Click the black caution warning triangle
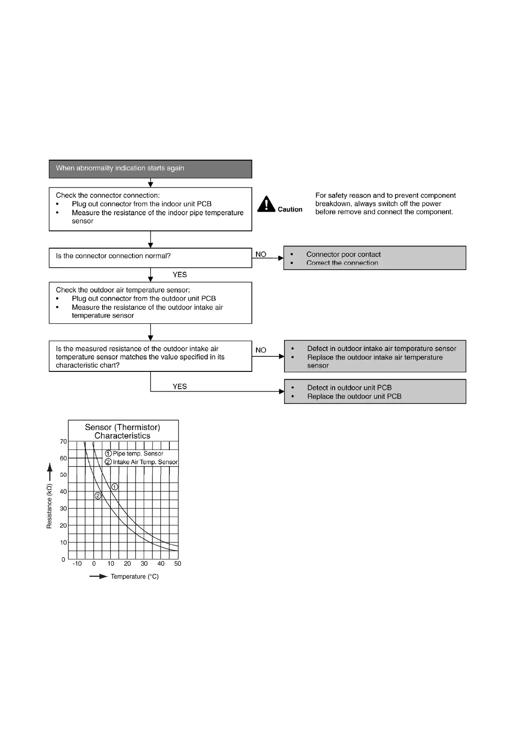pyautogui.click(x=266, y=205)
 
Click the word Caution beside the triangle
pyautogui.click(x=290, y=209)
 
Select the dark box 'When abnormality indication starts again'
pyautogui.click(x=150, y=169)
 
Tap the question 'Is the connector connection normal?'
pyautogui.click(x=113, y=256)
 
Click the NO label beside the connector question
pyautogui.click(x=261, y=254)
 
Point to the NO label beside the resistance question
pyautogui.click(x=261, y=350)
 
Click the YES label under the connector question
pyautogui.click(x=180, y=275)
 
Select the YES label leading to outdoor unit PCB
pyautogui.click(x=180, y=387)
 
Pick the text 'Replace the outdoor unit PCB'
pyautogui.click(x=354, y=396)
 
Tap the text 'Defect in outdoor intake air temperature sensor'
pyautogui.click(x=381, y=349)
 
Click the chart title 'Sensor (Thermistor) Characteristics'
pyautogui.click(x=123, y=431)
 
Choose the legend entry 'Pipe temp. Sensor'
pyautogui.click(x=138, y=454)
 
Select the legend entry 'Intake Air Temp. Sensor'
pyautogui.click(x=145, y=462)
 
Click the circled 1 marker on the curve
pyautogui.click(x=115, y=487)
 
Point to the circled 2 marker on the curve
pyautogui.click(x=98, y=496)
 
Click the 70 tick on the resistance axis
pyautogui.click(x=63, y=442)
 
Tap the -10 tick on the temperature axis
pyautogui.click(x=77, y=564)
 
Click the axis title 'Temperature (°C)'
pyautogui.click(x=134, y=576)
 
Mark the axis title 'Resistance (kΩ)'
pyautogui.click(x=49, y=506)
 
